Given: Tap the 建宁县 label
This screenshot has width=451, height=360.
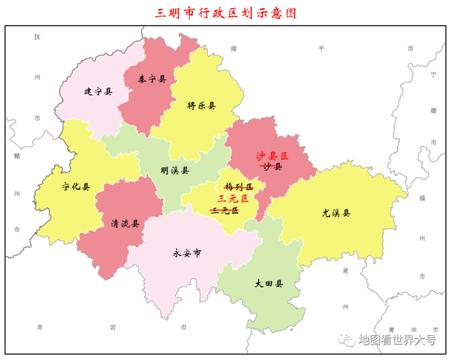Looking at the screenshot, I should click(98, 91).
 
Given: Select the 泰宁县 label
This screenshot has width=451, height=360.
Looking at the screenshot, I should click(152, 79).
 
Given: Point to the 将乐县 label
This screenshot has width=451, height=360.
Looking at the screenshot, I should click(201, 105).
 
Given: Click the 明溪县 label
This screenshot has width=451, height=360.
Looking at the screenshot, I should click(174, 170).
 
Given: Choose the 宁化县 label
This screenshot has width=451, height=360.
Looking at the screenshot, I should click(75, 187).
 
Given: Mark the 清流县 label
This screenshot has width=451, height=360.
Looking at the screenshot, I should click(125, 224).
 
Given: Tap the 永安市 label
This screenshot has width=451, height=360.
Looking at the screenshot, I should click(186, 252).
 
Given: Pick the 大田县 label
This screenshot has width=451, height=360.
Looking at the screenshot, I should click(269, 284).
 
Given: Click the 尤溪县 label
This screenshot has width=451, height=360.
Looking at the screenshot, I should click(336, 212).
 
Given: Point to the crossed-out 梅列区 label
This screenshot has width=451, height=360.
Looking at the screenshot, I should click(238, 186).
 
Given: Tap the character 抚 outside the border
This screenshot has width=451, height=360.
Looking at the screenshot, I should click(37, 37).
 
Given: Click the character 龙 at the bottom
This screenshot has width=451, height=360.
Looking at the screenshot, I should click(39, 328).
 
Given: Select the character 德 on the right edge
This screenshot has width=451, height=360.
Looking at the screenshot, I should click(433, 110).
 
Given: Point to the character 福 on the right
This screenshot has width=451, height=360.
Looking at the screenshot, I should click(421, 198).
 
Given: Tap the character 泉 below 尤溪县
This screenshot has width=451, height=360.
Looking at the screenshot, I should click(345, 270).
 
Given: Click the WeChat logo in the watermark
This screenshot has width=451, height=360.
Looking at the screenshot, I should click(348, 340).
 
